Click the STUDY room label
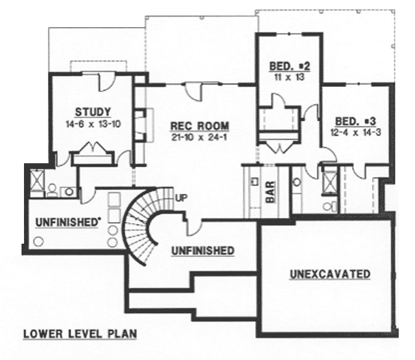tap(93, 112)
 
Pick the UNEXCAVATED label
tap(330, 273)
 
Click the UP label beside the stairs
tap(181, 198)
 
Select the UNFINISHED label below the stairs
tap(202, 250)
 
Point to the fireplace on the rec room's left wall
tap(141, 126)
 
